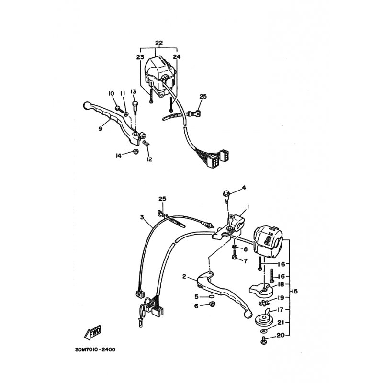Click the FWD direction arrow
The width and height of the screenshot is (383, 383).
93,333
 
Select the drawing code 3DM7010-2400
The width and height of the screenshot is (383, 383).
95,350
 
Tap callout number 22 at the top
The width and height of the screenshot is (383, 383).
159,43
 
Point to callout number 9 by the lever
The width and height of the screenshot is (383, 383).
101,128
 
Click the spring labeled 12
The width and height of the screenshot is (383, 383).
146,143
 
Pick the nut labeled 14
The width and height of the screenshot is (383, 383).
135,151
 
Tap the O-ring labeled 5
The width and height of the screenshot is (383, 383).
212,297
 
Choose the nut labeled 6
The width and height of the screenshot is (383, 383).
212,304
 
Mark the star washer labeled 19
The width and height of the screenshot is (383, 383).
264,303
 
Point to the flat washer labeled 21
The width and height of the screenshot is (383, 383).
263,331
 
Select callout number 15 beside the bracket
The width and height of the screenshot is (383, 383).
294,291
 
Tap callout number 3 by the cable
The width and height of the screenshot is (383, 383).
142,217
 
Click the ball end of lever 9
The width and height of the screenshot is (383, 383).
87,105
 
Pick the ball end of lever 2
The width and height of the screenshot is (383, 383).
248,315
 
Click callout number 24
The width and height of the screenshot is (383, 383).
177,57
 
